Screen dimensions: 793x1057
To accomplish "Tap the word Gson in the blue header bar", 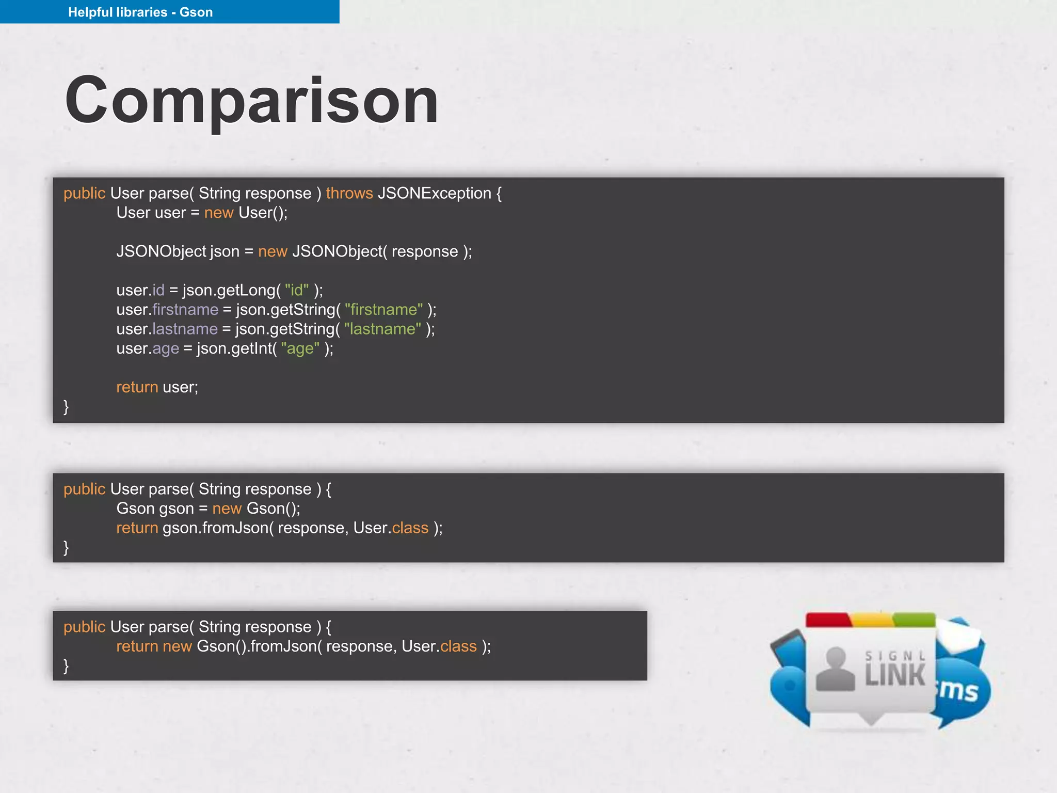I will click(196, 12).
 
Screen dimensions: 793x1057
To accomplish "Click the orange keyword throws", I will click(349, 193).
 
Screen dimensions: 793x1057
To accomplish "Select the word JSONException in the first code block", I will click(435, 193).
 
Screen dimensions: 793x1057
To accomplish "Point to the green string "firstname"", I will click(383, 309).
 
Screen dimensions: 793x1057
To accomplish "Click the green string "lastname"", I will click(382, 329).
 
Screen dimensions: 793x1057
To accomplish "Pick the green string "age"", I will click(300, 348).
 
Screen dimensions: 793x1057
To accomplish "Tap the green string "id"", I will click(297, 290).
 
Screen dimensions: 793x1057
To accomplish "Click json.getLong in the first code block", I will click(229, 290).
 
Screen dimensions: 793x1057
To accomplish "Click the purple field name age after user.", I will click(166, 349).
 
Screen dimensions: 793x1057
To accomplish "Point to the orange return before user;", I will click(137, 387).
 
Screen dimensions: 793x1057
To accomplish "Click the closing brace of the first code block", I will click(66, 407).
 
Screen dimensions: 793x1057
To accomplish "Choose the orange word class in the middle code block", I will click(410, 528).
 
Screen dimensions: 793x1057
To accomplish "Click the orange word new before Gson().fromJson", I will click(177, 646).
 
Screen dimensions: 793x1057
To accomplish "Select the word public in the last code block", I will click(84, 627).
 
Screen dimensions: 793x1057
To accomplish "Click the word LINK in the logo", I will click(895, 676).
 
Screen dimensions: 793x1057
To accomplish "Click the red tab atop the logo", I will click(828, 620).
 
